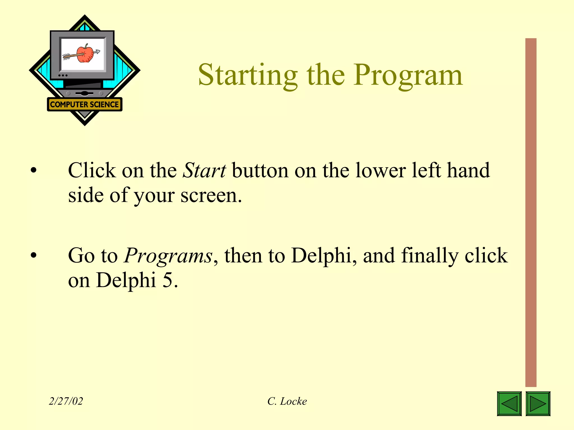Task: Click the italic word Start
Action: point(204,170)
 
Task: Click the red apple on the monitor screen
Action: point(85,54)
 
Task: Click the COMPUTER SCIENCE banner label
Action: point(84,104)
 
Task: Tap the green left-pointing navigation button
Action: point(509,403)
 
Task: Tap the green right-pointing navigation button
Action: point(538,403)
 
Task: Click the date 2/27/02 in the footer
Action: point(66,401)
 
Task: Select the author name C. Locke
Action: point(287,401)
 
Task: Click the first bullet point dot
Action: point(34,170)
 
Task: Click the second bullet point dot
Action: point(34,255)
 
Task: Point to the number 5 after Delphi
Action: point(167,280)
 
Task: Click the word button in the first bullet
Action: point(260,170)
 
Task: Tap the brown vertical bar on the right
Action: point(531,213)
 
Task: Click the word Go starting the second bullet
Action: point(82,256)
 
